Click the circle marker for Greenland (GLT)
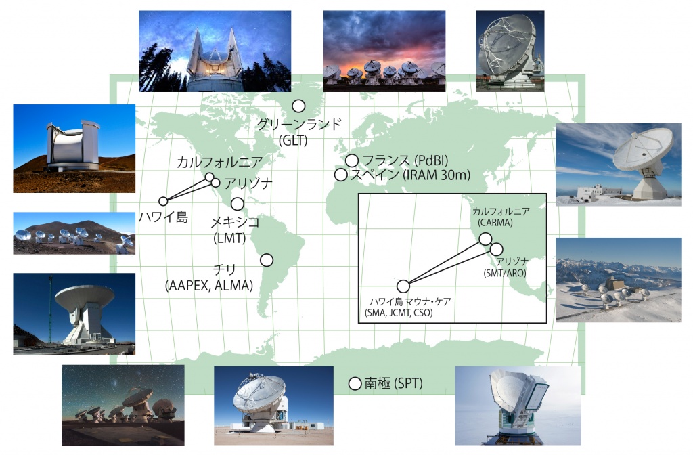coord(298,106)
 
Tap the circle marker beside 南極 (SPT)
coord(355,384)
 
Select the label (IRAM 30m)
coord(437,175)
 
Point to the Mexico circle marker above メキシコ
coord(238,204)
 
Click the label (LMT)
coord(229,238)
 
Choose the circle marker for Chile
coord(267,260)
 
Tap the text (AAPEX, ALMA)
coord(209,286)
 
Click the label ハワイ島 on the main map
coord(163,217)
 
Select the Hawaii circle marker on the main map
coord(163,201)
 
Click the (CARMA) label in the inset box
coord(495,222)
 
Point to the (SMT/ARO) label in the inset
coord(505,273)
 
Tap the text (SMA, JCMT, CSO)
coord(399,313)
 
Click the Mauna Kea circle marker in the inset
coord(403,286)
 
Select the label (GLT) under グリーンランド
coord(294,141)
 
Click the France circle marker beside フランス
coord(352,160)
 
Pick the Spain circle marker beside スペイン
coord(340,175)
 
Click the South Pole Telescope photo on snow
coord(518,405)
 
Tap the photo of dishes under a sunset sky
coord(384,51)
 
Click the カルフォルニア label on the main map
coord(220,162)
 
